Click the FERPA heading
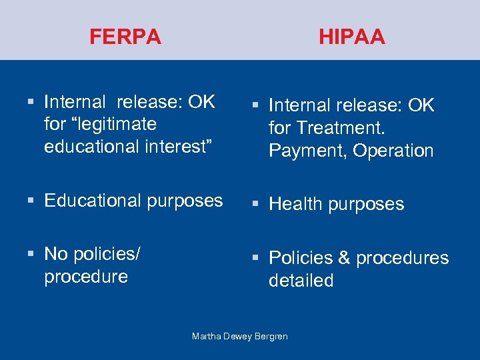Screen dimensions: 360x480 coord(125,37)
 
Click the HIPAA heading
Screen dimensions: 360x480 coord(351,37)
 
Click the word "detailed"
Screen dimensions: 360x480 coord(301,281)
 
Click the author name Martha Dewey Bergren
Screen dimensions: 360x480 coord(240,336)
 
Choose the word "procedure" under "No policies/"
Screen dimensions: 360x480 coord(85,277)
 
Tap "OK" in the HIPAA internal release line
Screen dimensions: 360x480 coord(419,105)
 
